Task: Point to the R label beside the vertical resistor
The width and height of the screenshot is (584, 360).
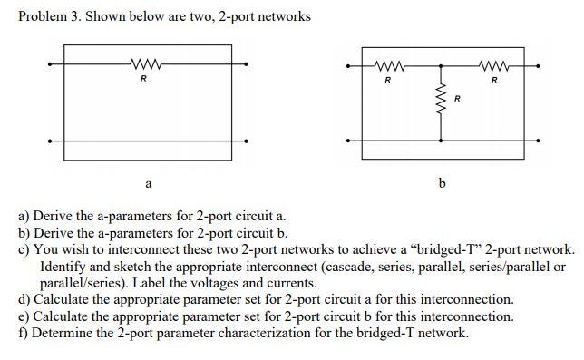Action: pos(456,97)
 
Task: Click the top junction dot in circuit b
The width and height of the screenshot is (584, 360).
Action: pos(442,66)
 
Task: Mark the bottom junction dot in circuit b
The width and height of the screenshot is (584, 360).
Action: pos(442,141)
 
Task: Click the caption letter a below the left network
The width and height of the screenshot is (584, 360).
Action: pos(148,184)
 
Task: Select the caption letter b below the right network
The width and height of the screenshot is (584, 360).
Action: pos(442,184)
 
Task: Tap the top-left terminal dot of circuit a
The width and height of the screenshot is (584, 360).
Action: pos(51,63)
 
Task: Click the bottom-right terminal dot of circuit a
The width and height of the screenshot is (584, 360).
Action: pos(246,141)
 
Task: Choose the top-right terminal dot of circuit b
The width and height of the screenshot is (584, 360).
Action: pos(537,66)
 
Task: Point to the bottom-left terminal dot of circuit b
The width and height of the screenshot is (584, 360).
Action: pos(348,141)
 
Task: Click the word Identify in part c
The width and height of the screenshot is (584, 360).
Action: pos(63,267)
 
